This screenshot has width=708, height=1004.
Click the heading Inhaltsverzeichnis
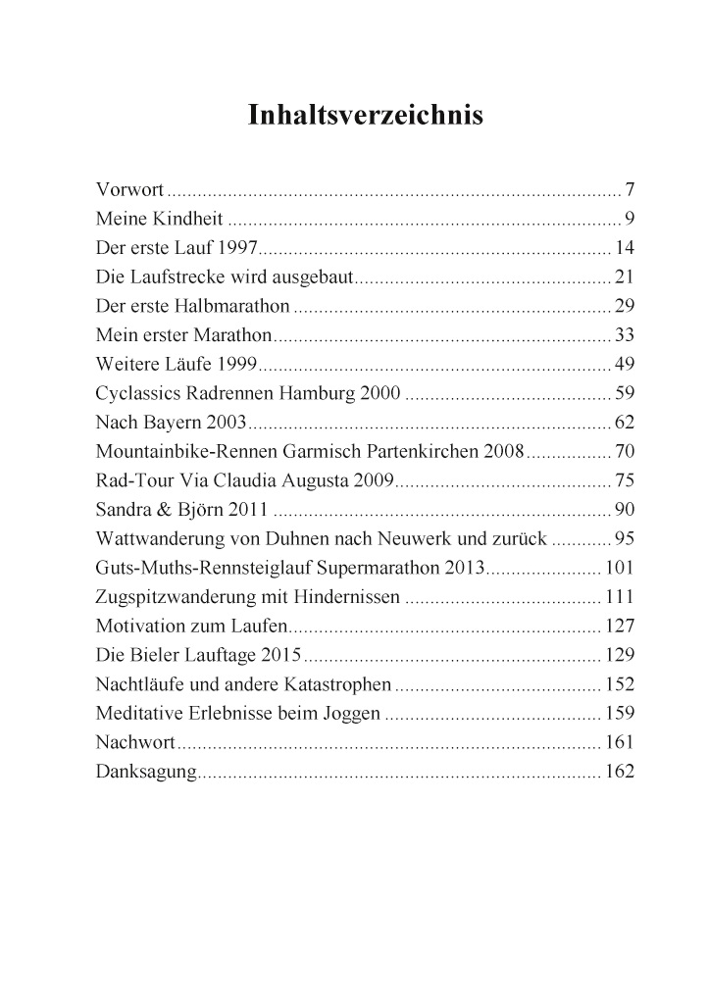point(366,116)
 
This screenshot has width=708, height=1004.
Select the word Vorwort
point(129,188)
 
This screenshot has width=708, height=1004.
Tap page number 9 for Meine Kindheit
point(631,217)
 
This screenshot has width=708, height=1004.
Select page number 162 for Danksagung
point(621,772)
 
